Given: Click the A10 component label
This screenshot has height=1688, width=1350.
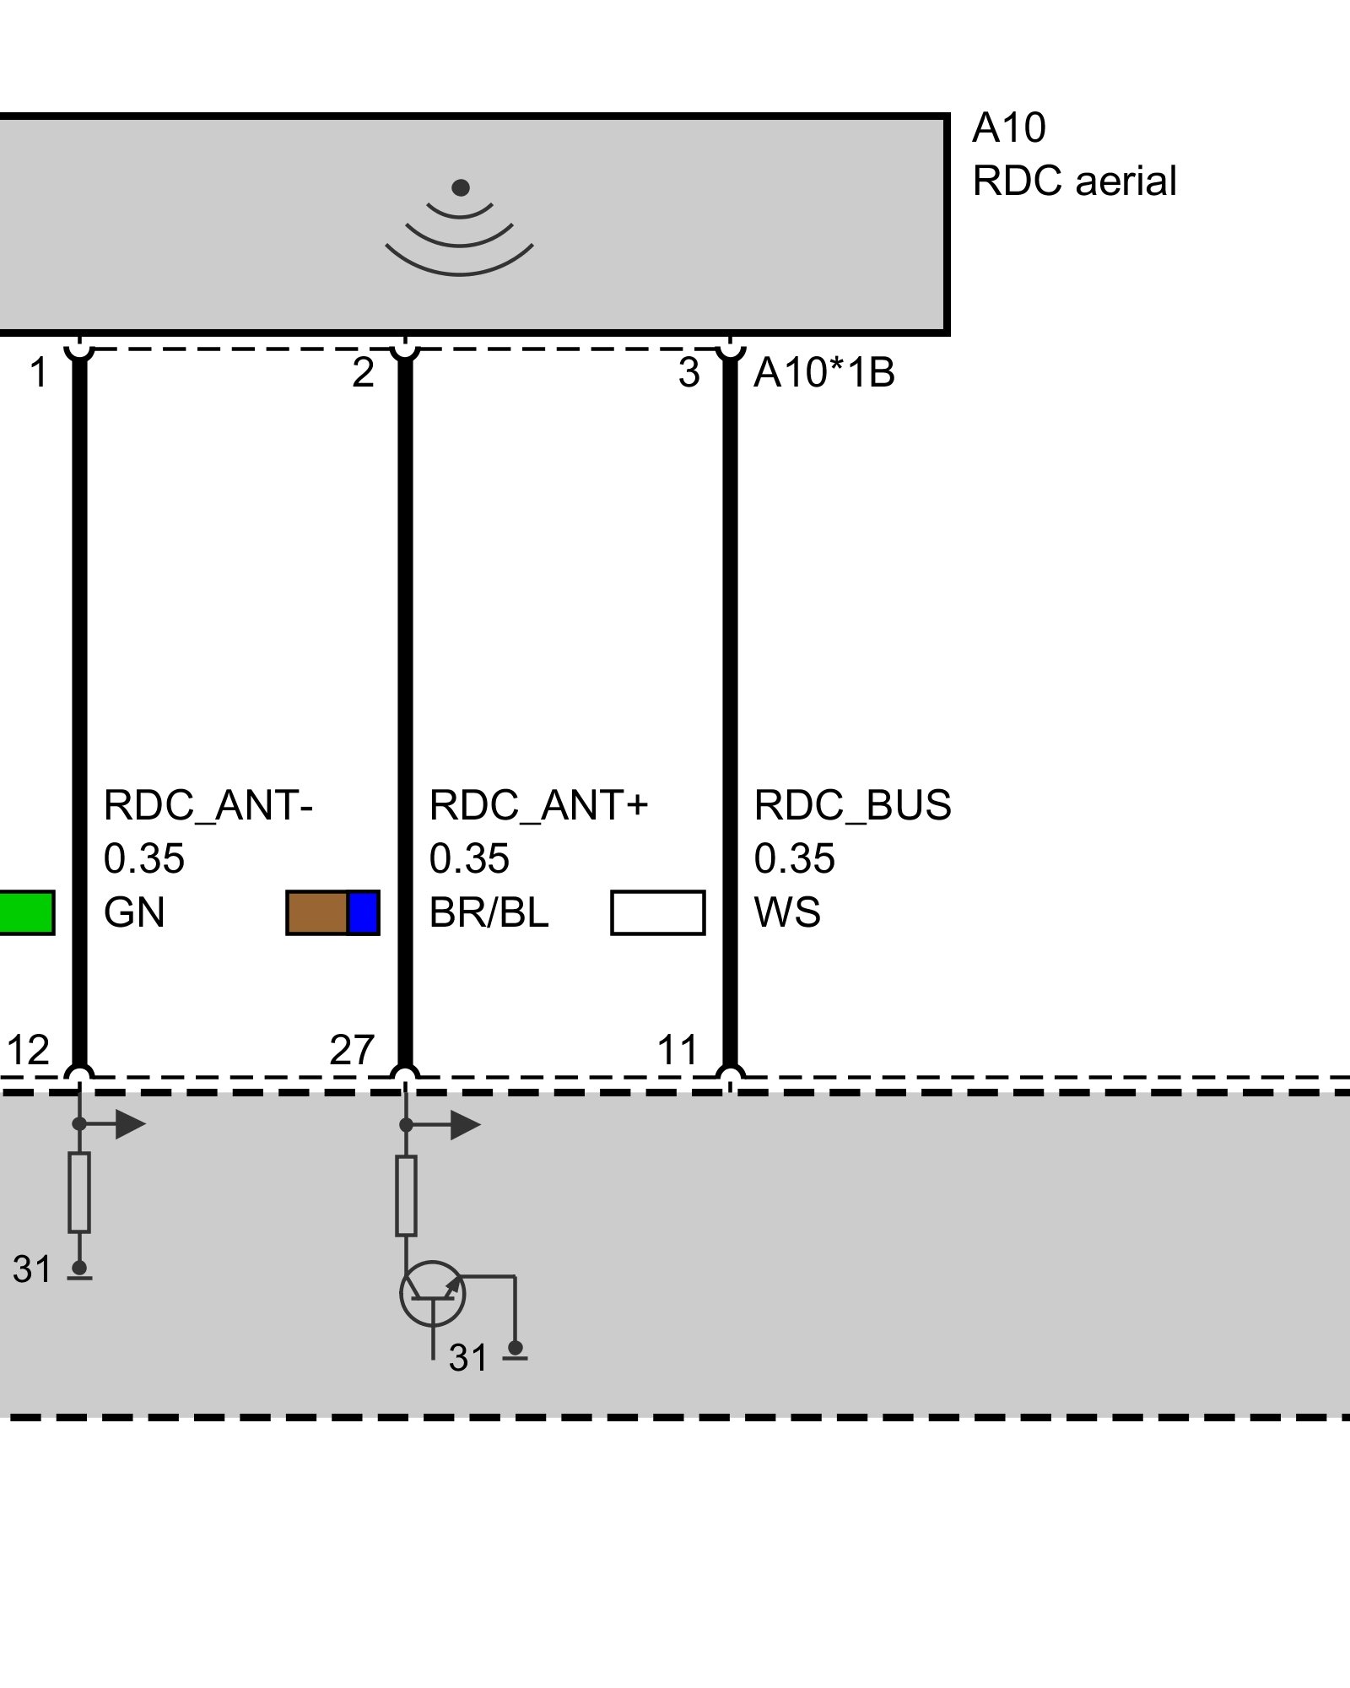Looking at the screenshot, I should pyautogui.click(x=1008, y=128).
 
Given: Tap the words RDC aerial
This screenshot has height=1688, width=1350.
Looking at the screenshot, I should pyautogui.click(x=1074, y=181).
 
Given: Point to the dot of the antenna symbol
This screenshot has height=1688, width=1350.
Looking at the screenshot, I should pyautogui.click(x=460, y=187).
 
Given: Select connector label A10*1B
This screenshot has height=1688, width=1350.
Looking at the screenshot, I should pyautogui.click(x=823, y=373).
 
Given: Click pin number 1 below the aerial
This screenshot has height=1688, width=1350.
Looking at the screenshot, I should pyautogui.click(x=38, y=373).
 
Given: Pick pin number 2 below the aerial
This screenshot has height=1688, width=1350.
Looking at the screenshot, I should pyautogui.click(x=363, y=373).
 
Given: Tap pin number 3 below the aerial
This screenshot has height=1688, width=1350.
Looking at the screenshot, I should pyautogui.click(x=688, y=373).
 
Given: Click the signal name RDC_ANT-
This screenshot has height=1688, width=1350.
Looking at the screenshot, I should pyautogui.click(x=208, y=805).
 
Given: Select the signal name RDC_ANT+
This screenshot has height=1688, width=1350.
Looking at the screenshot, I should pyautogui.click(x=538, y=805).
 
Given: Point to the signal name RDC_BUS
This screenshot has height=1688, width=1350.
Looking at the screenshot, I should pyautogui.click(x=852, y=805).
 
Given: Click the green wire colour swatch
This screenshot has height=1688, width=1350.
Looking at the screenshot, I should pyautogui.click(x=25, y=913).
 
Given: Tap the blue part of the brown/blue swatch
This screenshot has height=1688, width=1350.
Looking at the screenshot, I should pyautogui.click(x=364, y=913).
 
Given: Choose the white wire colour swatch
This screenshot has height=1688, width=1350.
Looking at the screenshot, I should pyautogui.click(x=657, y=913).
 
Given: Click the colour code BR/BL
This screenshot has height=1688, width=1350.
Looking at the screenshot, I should pyautogui.click(x=489, y=913).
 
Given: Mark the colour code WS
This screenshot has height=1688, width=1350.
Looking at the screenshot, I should pyautogui.click(x=786, y=913).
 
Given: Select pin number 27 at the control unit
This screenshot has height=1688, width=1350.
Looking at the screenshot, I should pyautogui.click(x=352, y=1051).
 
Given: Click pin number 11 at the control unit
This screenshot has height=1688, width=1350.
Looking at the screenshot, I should pyautogui.click(x=678, y=1051).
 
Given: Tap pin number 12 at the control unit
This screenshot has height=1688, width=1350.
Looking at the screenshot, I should pyautogui.click(x=28, y=1051).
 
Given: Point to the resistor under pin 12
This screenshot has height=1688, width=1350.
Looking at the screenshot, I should pyautogui.click(x=79, y=1192).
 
